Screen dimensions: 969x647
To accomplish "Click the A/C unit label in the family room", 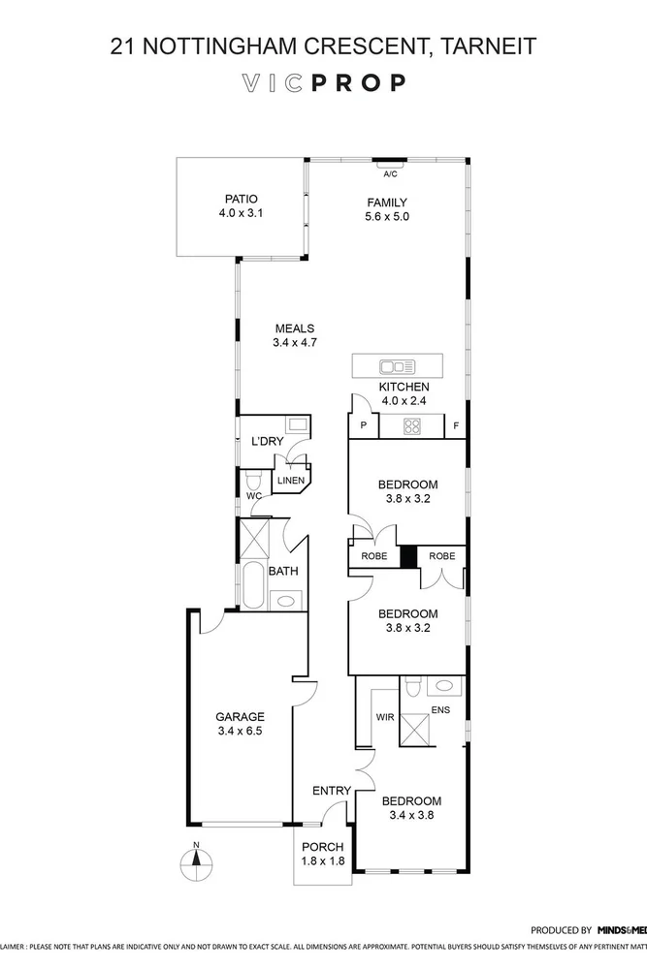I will point(390,174).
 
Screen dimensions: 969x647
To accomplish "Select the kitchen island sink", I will point(398,366).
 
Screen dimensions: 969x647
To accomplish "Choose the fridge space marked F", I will point(456,425).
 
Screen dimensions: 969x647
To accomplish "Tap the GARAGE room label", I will point(240,717).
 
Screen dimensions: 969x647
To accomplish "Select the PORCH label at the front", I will point(323,847).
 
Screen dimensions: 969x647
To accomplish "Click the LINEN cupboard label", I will point(291,480).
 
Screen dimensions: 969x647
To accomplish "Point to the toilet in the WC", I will point(253,481).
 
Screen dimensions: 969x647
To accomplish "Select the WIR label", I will point(384,718).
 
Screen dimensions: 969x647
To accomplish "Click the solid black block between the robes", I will point(408,556).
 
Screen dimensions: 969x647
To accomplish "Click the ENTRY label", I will point(331,792).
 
